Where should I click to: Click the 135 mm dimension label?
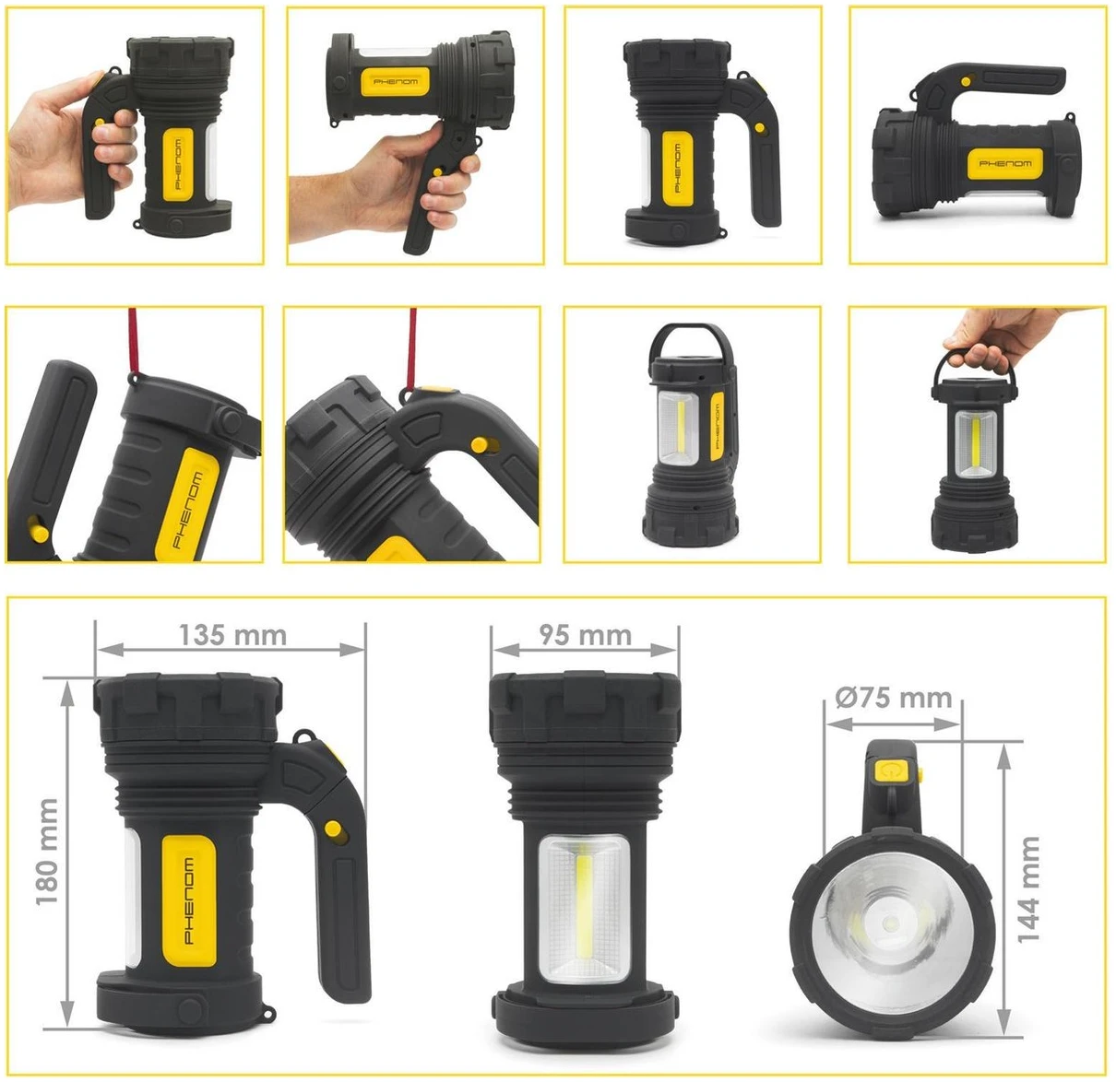pyautogui.click(x=232, y=635)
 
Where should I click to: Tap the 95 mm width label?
pyautogui.click(x=585, y=635)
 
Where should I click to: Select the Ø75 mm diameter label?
pyautogui.click(x=894, y=698)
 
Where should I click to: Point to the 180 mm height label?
pyautogui.click(x=47, y=853)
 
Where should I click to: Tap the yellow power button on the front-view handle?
pyautogui.click(x=889, y=772)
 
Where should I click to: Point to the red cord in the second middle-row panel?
pyautogui.click(x=411, y=348)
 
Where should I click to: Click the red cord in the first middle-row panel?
pyautogui.click(x=133, y=342)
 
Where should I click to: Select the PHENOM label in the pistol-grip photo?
pyautogui.click(x=396, y=81)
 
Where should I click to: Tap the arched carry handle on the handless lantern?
pyautogui.click(x=691, y=345)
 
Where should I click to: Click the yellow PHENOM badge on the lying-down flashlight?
pyautogui.click(x=1004, y=164)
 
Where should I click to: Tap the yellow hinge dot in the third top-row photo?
pyautogui.click(x=760, y=127)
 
